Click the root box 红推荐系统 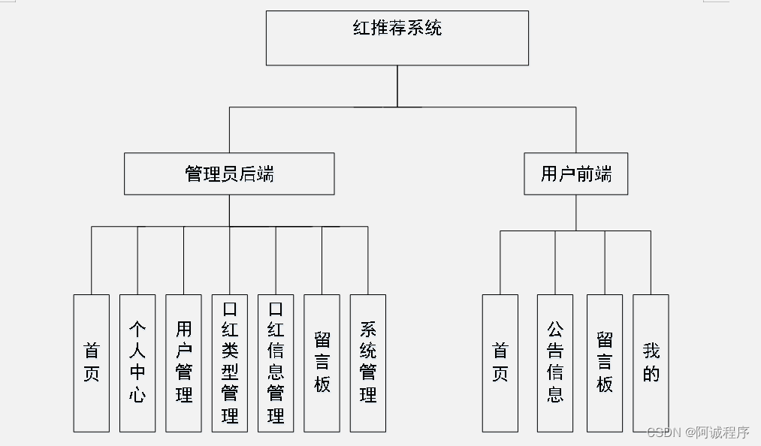(x=397, y=38)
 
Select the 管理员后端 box (x=229, y=174)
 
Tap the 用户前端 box (x=575, y=174)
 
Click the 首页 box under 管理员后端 (x=91, y=363)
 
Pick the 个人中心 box (x=137, y=363)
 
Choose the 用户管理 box (x=183, y=363)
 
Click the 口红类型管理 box (x=230, y=363)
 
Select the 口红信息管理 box (x=276, y=363)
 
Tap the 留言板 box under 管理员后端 (x=322, y=363)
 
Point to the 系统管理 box (x=368, y=363)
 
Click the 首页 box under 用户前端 (x=500, y=363)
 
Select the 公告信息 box (x=555, y=363)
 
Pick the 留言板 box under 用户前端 (x=605, y=363)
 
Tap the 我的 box (x=651, y=363)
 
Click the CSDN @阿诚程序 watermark (x=698, y=432)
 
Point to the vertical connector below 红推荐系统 (x=397, y=86)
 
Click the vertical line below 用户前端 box (x=576, y=212)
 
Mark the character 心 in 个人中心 (x=137, y=395)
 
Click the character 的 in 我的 (x=651, y=374)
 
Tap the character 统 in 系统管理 (x=368, y=351)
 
